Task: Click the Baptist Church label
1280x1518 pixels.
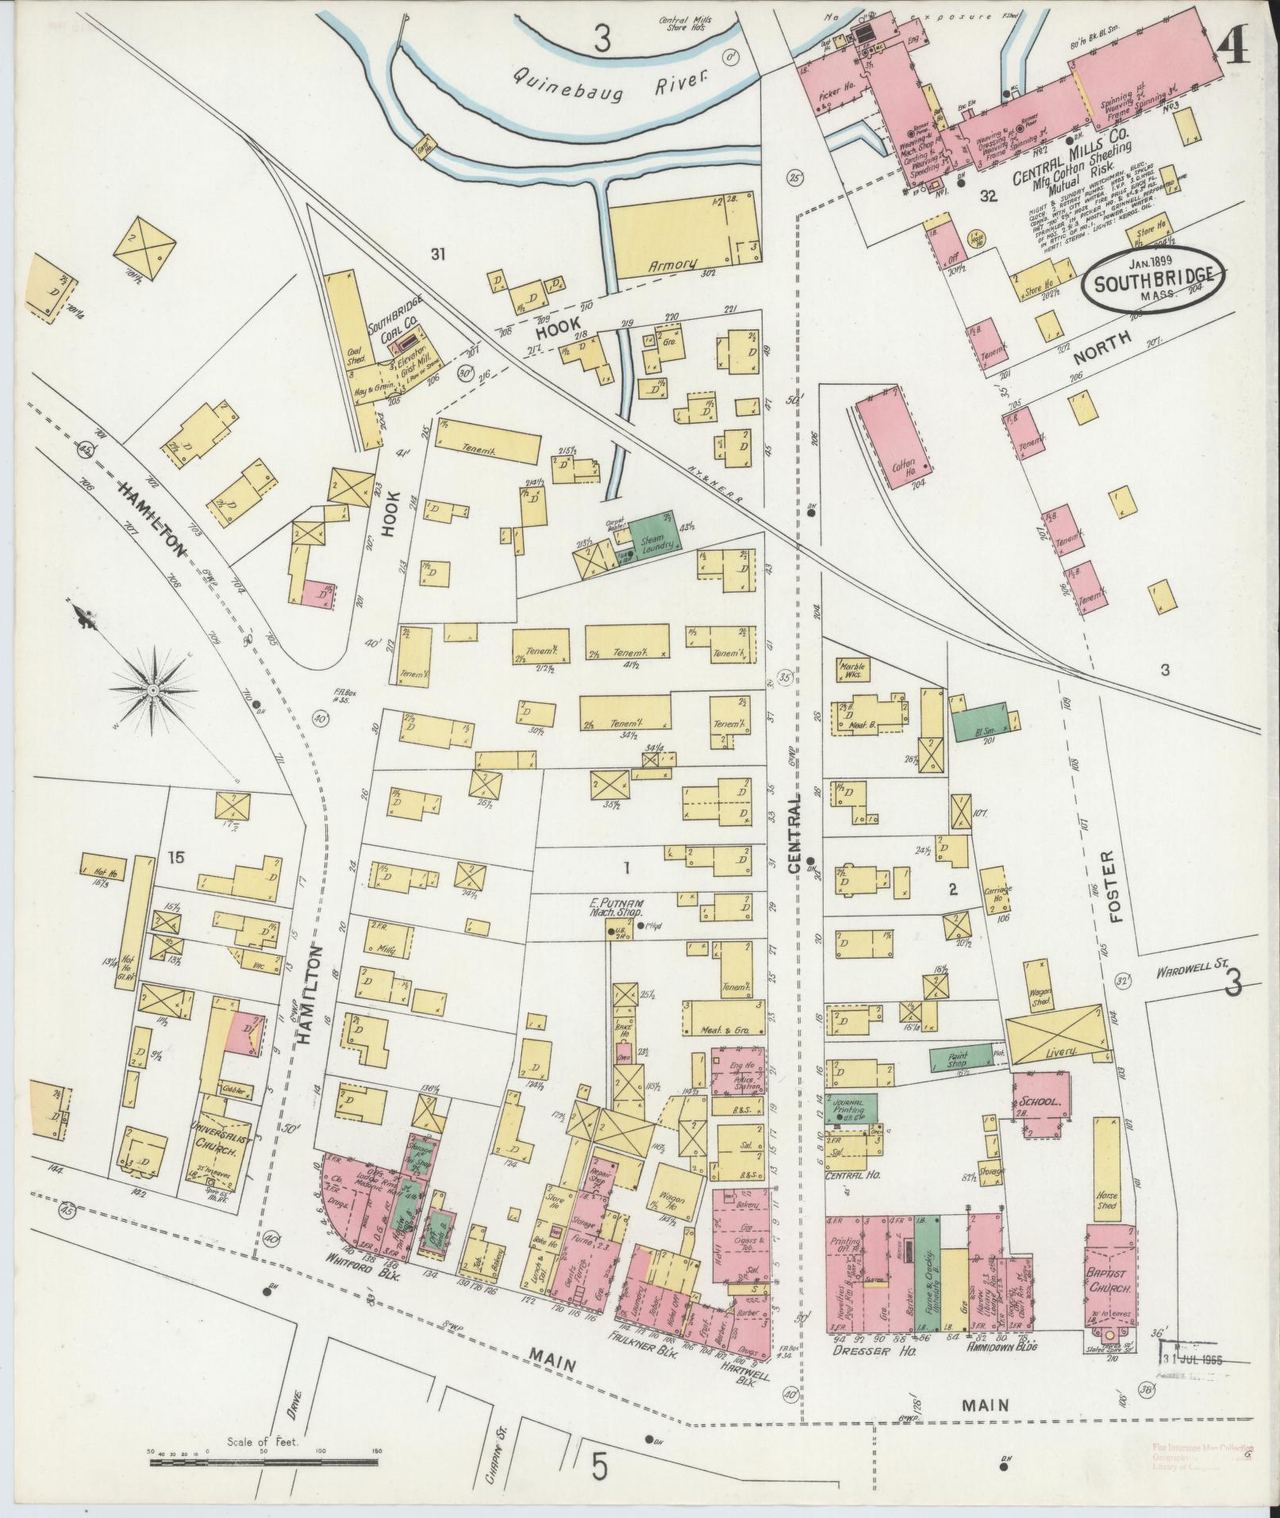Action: (1110, 1284)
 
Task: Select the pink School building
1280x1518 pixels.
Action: (1040, 1102)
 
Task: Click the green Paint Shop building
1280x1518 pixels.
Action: (960, 1058)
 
